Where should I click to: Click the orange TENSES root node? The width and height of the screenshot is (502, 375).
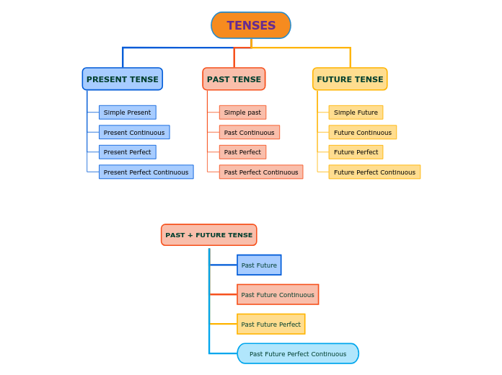click(251, 25)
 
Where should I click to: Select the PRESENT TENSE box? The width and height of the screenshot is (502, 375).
click(123, 79)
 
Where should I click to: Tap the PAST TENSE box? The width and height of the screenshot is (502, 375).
click(234, 79)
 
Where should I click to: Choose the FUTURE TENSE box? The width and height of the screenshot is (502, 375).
click(350, 79)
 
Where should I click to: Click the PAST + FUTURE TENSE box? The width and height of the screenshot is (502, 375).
click(209, 235)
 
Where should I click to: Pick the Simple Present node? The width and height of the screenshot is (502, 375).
click(127, 112)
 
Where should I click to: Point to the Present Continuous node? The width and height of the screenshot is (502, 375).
click(134, 132)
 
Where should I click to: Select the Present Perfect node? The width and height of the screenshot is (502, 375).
click(127, 152)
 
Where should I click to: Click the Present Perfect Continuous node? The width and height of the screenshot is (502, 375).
click(146, 172)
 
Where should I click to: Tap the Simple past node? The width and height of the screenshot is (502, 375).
click(242, 112)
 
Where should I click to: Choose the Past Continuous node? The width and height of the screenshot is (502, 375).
click(249, 132)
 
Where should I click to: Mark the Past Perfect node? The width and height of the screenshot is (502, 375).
click(242, 152)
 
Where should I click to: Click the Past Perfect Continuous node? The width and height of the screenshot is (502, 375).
click(261, 172)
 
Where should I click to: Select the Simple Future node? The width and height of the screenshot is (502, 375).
click(356, 112)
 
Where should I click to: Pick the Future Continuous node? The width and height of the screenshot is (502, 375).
click(363, 132)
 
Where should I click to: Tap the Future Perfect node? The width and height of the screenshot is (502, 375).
click(356, 152)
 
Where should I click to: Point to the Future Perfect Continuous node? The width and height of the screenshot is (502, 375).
click(374, 172)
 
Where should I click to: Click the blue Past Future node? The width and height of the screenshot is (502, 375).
click(259, 265)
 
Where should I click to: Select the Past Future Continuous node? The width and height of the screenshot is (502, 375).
click(278, 294)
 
